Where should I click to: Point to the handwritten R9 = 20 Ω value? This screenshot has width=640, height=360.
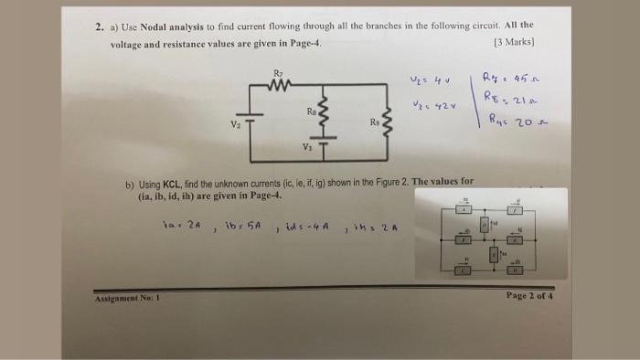(508, 119)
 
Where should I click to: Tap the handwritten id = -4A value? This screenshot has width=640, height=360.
(304, 225)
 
